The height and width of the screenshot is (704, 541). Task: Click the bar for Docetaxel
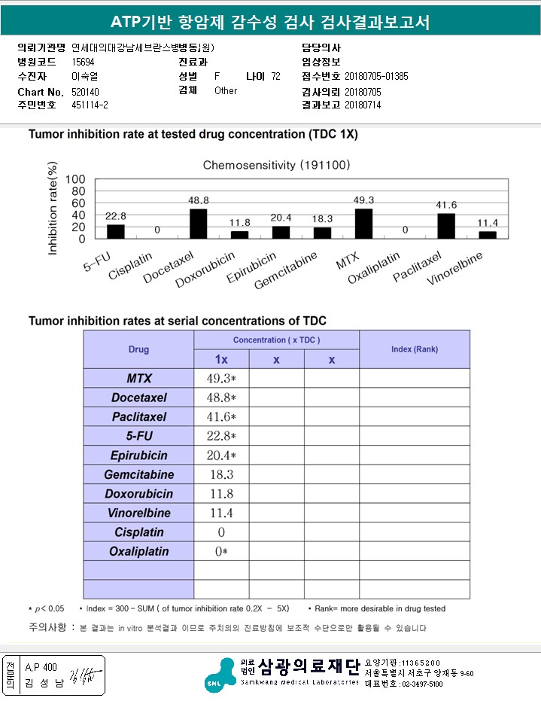click(x=198, y=224)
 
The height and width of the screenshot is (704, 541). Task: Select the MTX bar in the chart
click(x=363, y=224)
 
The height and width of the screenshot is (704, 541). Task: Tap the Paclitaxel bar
click(x=446, y=226)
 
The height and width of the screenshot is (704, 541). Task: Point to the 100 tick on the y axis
click(x=75, y=179)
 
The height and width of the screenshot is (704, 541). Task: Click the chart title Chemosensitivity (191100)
click(x=276, y=164)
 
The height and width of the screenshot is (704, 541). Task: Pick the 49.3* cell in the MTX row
click(x=221, y=378)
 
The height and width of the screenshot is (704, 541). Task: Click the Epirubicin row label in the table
click(x=138, y=456)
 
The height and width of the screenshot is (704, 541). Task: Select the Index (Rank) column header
click(x=414, y=349)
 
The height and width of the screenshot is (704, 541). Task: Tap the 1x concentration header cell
click(x=221, y=360)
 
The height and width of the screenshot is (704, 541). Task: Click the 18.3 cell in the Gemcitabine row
click(x=221, y=475)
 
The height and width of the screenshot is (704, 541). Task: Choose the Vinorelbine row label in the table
click(x=138, y=514)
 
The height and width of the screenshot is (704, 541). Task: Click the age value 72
click(x=275, y=76)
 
